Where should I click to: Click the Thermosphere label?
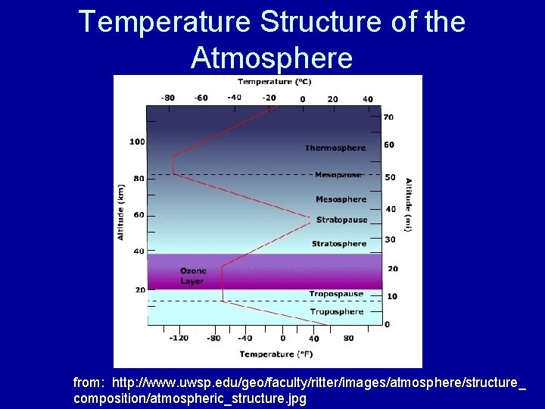tap(335, 148)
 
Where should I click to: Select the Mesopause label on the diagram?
tap(338, 175)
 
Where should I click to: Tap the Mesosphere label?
tap(341, 199)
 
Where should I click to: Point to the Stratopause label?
tap(341, 220)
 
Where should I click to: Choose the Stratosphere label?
tap(339, 244)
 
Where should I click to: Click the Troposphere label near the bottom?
tap(336, 311)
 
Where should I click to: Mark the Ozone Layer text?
tap(192, 276)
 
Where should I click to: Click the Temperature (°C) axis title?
tap(275, 82)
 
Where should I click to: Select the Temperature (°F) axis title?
tap(277, 354)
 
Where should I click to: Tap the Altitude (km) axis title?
tap(120, 212)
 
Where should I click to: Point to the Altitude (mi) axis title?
tap(409, 204)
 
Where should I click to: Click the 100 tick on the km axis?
tap(137, 142)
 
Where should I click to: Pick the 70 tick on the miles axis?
tap(388, 117)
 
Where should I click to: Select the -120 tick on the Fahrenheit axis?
tap(178, 338)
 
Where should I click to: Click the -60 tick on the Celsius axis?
tap(201, 98)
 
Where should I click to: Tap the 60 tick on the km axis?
tap(139, 215)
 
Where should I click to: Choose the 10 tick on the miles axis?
tap(391, 296)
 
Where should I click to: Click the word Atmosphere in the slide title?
tap(272, 57)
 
